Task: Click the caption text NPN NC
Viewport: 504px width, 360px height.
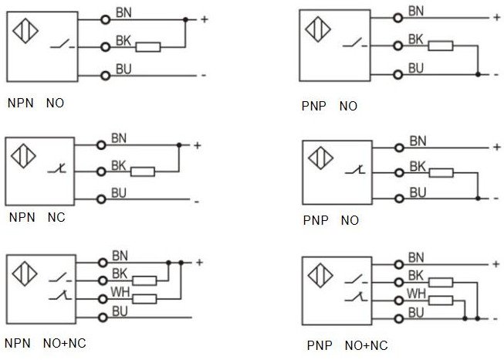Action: click(x=36, y=217)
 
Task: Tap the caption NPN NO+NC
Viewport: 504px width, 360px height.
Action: click(x=42, y=342)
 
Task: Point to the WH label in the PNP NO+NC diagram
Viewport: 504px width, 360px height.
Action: click(x=417, y=293)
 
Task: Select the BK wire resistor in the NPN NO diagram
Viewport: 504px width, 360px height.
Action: click(x=147, y=47)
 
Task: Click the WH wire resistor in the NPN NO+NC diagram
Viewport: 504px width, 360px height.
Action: click(x=144, y=298)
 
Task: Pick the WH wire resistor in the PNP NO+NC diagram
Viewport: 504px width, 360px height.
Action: click(x=441, y=300)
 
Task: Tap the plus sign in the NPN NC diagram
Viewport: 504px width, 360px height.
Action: click(x=198, y=145)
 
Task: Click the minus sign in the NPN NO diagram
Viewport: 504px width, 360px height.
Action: click(x=203, y=75)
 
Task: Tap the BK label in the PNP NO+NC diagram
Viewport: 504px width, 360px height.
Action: click(x=416, y=275)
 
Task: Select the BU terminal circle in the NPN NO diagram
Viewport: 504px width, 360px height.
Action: click(x=105, y=75)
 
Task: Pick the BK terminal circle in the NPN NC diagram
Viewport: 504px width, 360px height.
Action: click(x=101, y=172)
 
